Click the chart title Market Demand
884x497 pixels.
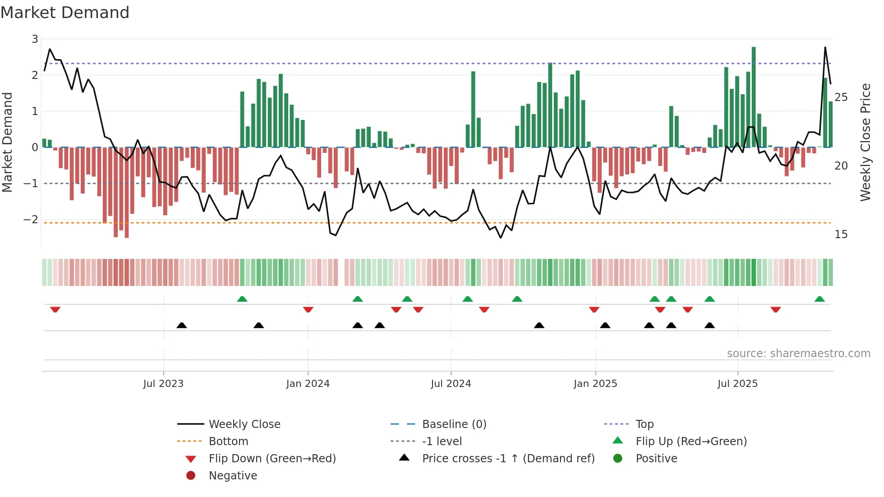(x=65, y=13)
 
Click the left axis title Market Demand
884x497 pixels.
(x=7, y=143)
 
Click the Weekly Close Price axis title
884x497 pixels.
(x=865, y=143)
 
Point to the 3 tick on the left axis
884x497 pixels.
(x=35, y=39)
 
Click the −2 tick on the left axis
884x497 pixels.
(x=31, y=220)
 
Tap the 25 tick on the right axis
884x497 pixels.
(x=841, y=97)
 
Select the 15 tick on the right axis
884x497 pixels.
(x=841, y=235)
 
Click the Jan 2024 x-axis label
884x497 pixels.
(x=308, y=384)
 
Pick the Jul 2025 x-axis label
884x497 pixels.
(x=737, y=384)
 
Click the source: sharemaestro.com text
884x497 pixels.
(x=798, y=354)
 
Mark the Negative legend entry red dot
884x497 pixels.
(x=191, y=476)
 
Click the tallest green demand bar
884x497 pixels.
(x=754, y=97)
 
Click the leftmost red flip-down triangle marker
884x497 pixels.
(x=55, y=309)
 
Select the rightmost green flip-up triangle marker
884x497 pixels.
(x=820, y=299)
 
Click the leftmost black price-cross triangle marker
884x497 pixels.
(x=181, y=325)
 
